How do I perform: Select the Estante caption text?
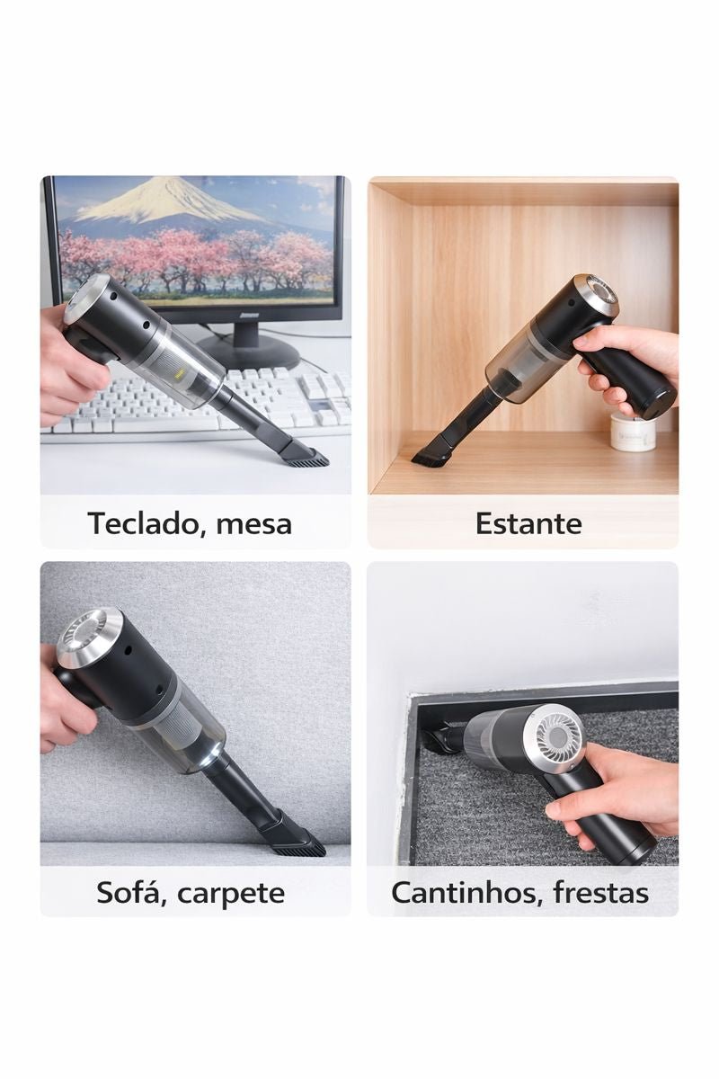tap(528, 523)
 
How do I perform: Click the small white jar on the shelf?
tap(632, 432)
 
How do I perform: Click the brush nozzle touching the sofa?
tap(299, 843)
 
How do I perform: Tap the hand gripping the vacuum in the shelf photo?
tap(629, 355)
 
